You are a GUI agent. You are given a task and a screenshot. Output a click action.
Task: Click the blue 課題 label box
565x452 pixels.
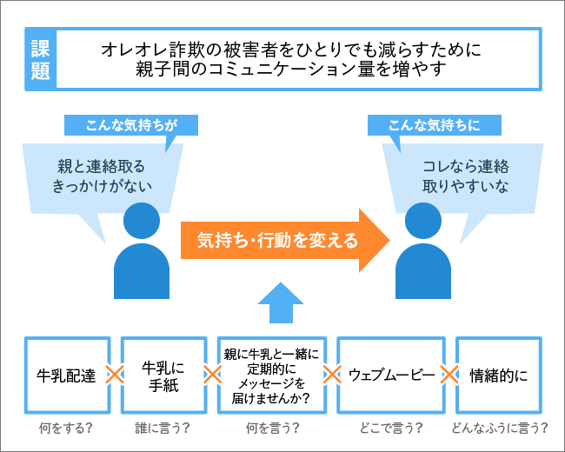click(40, 59)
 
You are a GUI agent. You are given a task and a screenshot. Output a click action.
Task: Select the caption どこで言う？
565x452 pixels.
click(391, 429)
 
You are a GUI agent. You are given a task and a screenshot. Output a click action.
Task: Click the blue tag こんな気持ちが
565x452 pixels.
click(132, 124)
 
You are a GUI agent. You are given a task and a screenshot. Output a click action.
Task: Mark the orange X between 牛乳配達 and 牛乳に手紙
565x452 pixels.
click(111, 376)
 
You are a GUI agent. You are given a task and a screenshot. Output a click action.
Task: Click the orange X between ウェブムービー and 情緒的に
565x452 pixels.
click(449, 376)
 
